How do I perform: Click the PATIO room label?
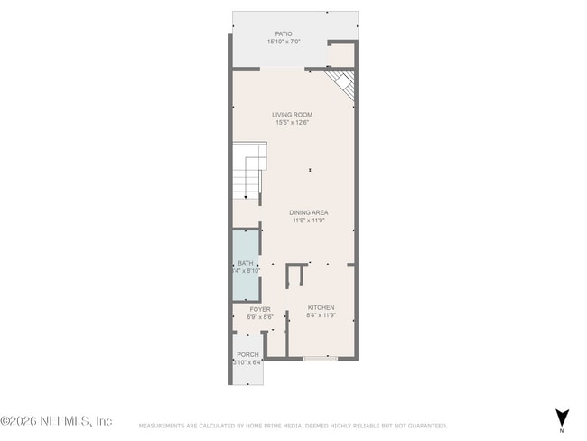284,34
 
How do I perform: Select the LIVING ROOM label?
292,115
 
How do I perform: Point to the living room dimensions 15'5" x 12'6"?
292,123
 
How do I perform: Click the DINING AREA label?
309,212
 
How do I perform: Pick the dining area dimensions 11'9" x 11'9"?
309,220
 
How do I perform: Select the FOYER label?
260,309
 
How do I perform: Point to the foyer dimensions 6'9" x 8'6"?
260,317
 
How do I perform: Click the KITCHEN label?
321,307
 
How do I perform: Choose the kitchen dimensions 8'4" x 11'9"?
321,315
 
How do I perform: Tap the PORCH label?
247,354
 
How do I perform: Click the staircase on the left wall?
249,172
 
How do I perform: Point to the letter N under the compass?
562,429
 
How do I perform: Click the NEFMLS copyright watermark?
56,421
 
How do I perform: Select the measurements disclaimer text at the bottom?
293,426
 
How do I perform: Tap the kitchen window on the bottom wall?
321,359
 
